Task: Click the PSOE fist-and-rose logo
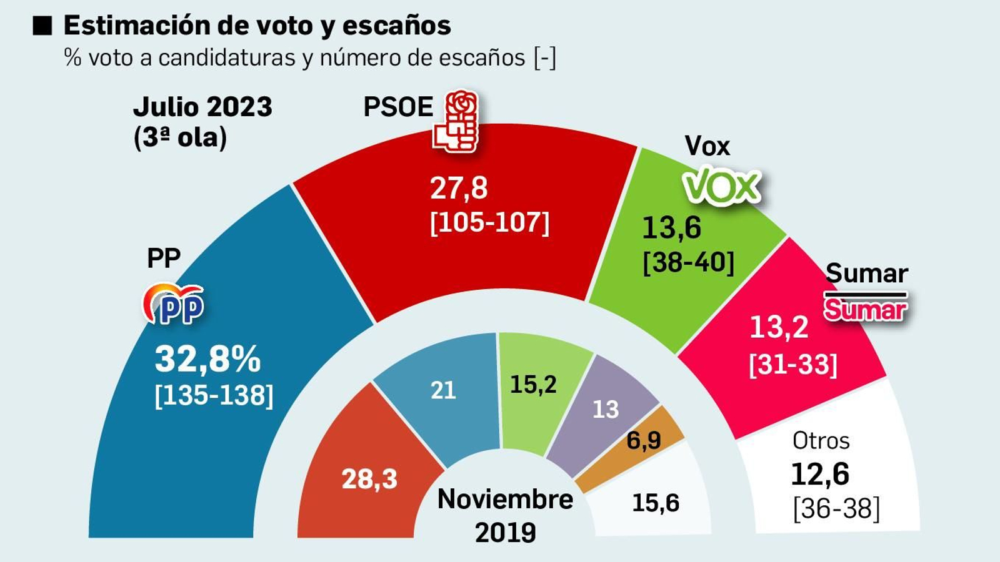(456, 122)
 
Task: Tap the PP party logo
(174, 305)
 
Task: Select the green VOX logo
(722, 186)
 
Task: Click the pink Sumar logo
(866, 309)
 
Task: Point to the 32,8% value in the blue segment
(207, 359)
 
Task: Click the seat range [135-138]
(214, 395)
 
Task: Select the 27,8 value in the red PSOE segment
(459, 188)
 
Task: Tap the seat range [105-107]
(489, 222)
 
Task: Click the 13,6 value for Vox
(671, 228)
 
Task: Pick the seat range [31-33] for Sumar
(792, 364)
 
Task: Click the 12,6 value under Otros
(820, 474)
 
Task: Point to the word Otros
(821, 441)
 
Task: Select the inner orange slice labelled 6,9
(644, 440)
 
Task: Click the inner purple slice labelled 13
(605, 410)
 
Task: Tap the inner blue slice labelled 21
(442, 390)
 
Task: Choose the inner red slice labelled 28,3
(369, 479)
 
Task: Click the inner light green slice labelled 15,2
(533, 385)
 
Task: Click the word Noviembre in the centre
(505, 499)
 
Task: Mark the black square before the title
(42, 26)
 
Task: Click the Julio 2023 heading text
(202, 107)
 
